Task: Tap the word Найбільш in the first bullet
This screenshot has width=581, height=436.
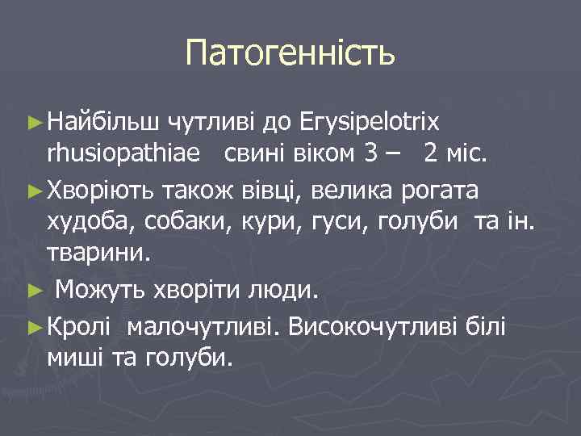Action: pyautogui.click(x=103, y=122)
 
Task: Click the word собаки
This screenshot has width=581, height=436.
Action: pyautogui.click(x=185, y=222)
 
